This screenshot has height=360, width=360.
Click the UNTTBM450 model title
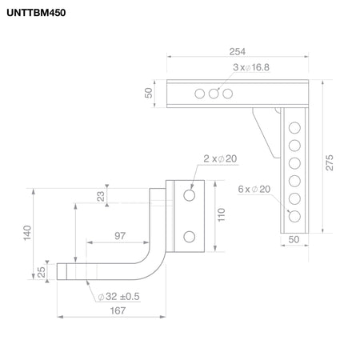36,13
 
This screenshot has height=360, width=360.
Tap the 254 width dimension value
238,51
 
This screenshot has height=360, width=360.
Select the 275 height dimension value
330,162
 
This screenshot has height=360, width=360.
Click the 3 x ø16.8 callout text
251,67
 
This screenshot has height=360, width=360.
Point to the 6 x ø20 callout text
254,189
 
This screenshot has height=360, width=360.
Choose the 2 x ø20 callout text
220,158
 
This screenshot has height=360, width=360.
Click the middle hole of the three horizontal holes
214,94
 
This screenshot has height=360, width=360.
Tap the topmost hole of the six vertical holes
294,128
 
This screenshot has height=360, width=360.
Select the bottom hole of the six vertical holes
294,216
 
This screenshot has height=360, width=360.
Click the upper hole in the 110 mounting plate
190,195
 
